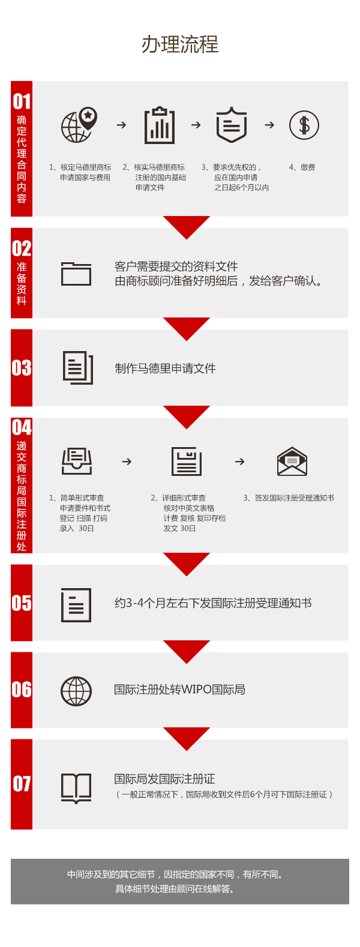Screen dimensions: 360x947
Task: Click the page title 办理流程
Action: point(180,44)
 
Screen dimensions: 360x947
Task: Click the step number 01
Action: point(22,102)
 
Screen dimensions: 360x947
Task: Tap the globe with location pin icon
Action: point(79,125)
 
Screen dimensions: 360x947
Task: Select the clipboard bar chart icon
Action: point(159,125)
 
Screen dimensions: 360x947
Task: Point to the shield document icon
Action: point(231,125)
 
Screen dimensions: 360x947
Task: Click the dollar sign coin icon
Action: point(304,125)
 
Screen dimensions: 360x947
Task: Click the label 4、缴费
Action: point(302,167)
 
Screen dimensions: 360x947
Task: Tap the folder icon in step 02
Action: point(76,274)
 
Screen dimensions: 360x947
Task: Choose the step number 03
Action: point(22,368)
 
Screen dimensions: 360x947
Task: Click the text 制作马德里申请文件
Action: point(165,368)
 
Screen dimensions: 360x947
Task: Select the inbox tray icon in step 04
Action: point(76,461)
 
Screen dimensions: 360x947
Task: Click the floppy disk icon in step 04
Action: point(187,461)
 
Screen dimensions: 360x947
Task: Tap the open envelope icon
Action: point(292,461)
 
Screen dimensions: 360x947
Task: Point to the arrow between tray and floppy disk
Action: point(127,461)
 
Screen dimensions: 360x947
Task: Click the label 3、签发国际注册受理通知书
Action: point(289,498)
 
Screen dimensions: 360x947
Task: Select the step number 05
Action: point(22,603)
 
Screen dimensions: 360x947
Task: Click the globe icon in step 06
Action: point(76,691)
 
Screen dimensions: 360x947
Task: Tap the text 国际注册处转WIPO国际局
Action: point(179,690)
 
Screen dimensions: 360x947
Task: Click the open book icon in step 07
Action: point(76,788)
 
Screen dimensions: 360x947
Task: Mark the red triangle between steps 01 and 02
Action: point(187,225)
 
